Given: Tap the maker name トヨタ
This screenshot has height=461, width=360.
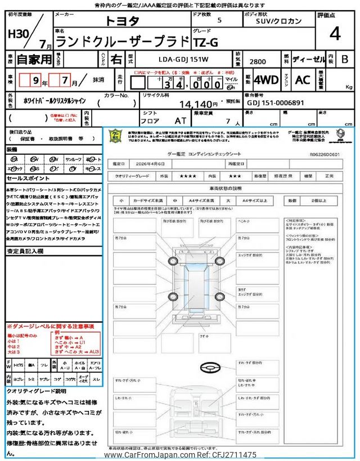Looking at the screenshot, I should pos(123,21).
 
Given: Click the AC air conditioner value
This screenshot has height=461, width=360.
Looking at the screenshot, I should pos(302,80).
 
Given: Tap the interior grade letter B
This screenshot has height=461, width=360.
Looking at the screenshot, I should pos(345,59).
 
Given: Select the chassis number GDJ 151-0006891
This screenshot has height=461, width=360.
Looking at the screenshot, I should pos(276,103).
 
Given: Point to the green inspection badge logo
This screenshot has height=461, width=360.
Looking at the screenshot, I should pos(115,137).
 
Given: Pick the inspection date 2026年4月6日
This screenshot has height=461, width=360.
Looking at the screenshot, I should pos(152,163).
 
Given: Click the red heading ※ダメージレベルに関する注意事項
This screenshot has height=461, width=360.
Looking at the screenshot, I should pos(50,326).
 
